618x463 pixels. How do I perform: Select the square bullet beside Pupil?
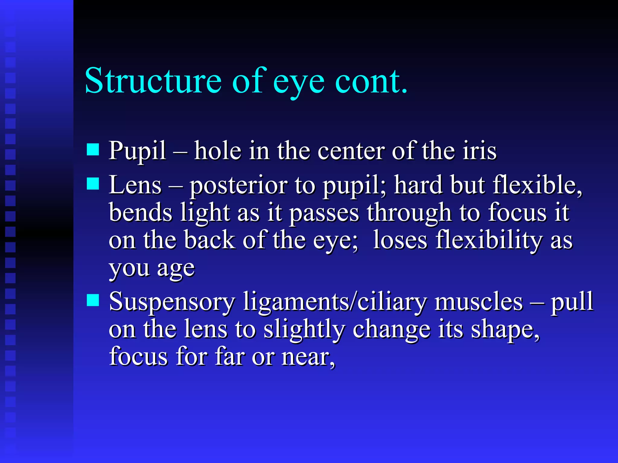tap(93, 149)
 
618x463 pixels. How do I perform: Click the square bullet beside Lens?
tap(93, 183)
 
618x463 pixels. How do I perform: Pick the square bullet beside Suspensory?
tap(93, 300)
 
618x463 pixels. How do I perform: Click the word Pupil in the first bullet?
tap(137, 151)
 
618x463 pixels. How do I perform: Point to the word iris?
tap(479, 151)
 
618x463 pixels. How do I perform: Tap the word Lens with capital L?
tap(135, 185)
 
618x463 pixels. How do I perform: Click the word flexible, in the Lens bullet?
tap(537, 185)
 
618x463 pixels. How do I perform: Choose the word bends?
tap(141, 213)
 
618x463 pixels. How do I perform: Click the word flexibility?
tap(489, 240)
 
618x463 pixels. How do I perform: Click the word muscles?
tap(479, 301)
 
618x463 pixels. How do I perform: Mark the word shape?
tap(505, 330)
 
